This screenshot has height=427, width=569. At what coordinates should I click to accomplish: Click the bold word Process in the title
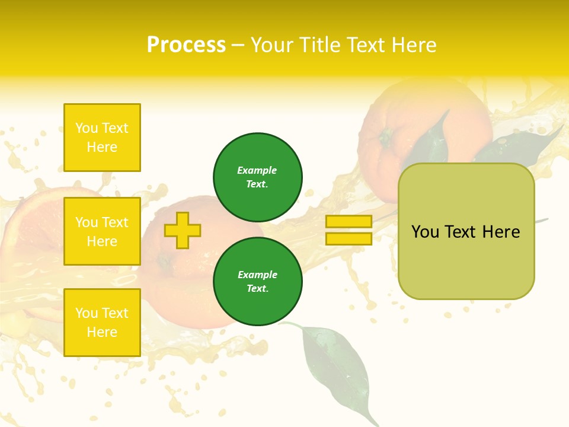click(x=186, y=45)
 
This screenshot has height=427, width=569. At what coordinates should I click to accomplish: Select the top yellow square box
click(x=102, y=138)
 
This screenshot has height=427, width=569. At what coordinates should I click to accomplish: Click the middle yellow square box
click(x=102, y=231)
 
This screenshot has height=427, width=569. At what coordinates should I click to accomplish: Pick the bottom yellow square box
click(x=102, y=323)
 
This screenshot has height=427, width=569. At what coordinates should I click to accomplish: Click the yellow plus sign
click(x=182, y=230)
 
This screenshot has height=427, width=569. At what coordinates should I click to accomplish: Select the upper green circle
click(x=258, y=177)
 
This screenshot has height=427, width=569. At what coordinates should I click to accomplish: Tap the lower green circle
click(x=258, y=282)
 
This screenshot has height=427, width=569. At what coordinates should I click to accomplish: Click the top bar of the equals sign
click(x=349, y=221)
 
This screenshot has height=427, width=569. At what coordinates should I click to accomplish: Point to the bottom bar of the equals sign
click(x=349, y=238)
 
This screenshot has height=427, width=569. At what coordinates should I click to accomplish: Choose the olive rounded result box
click(x=466, y=231)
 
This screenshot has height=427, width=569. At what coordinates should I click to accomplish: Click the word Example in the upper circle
click(x=257, y=170)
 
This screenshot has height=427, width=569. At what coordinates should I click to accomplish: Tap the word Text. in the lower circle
click(x=258, y=289)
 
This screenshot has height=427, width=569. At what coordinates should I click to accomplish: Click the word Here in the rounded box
click(x=501, y=232)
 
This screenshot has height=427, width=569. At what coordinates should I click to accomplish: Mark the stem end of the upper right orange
click(x=386, y=138)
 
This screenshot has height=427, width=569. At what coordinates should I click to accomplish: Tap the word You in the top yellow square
click(x=87, y=128)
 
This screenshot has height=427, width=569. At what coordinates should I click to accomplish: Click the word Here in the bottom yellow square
click(x=102, y=332)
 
